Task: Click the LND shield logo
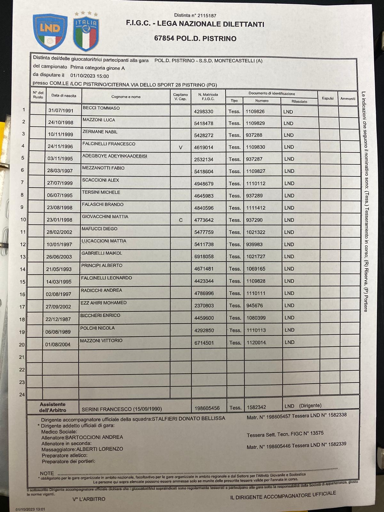tap(50, 32)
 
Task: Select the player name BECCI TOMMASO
tap(101, 108)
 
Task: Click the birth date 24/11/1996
tap(60, 147)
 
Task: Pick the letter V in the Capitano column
tap(180, 148)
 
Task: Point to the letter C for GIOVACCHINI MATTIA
tap(181, 220)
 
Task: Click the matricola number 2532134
tap(204, 159)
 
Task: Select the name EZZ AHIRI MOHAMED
tap(103, 303)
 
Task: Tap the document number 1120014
tap(256, 342)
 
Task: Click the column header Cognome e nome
tap(126, 97)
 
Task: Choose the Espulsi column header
tap(328, 99)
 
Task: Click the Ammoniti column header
tap(348, 99)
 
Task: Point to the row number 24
tap(22, 395)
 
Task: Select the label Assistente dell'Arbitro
tap(52, 407)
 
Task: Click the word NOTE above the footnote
tap(47, 473)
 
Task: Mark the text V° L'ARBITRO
tap(89, 499)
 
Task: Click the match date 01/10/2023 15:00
tap(89, 76)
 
